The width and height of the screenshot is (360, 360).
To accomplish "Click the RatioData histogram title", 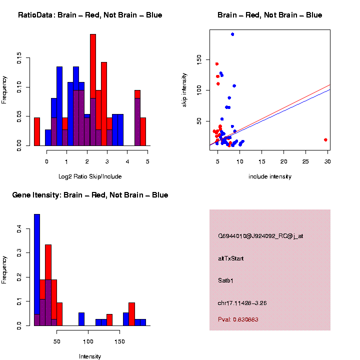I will click(90, 15).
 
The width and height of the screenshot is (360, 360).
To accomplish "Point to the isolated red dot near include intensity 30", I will click(325, 140).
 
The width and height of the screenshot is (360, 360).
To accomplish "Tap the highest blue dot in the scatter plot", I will click(232, 34).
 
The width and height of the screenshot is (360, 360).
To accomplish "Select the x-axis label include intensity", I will click(270, 176).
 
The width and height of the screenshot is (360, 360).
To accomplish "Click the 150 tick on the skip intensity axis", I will click(199, 59).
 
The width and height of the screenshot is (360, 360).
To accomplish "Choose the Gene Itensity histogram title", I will click(90, 195).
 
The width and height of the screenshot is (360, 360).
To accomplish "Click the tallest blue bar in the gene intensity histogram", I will click(37, 270).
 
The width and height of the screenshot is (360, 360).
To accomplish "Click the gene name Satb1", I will click(226, 280).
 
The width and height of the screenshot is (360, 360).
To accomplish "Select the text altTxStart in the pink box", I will click(230, 258).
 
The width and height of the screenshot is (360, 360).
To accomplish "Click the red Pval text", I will click(238, 319).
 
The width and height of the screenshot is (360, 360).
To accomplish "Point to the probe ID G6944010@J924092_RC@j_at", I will click(260, 236).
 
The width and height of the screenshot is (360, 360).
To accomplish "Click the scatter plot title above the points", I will click(269, 15).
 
